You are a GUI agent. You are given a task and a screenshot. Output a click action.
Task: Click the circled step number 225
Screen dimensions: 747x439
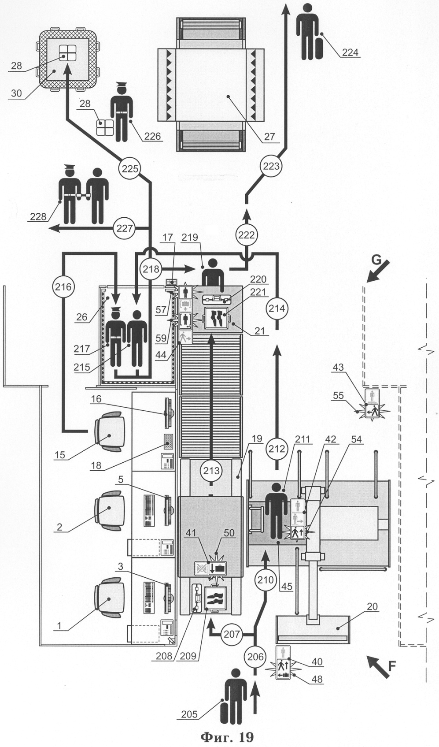click(x=130, y=168)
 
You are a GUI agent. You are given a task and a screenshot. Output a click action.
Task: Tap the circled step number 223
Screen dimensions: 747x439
click(x=271, y=166)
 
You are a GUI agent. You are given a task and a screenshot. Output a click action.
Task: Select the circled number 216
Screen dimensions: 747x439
click(x=63, y=287)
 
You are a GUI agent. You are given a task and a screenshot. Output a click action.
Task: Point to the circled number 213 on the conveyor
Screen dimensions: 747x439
click(x=211, y=471)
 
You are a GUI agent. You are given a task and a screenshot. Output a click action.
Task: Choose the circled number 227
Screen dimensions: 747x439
click(x=124, y=228)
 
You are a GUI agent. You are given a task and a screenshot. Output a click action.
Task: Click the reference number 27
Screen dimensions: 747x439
click(x=269, y=137)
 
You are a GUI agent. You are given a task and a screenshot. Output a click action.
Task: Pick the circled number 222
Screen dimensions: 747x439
click(x=247, y=234)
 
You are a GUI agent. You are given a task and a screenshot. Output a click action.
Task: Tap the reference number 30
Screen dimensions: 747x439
click(x=16, y=93)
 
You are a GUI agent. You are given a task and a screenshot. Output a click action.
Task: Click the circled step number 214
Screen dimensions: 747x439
click(x=277, y=308)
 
